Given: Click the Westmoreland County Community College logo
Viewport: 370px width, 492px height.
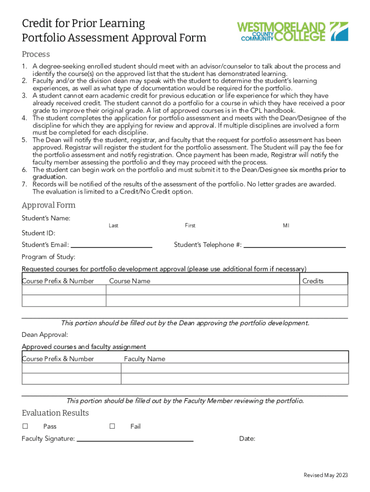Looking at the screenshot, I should [294, 32].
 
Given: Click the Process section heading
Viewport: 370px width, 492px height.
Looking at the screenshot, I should [36, 54].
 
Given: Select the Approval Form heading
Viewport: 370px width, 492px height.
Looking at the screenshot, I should [49, 205].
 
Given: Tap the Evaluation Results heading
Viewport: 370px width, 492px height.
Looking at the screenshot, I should [55, 413].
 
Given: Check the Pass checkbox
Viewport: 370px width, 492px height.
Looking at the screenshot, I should [25, 426].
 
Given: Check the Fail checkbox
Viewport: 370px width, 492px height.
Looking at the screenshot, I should [112, 426].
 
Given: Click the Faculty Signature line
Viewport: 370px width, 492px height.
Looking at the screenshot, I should [135, 440].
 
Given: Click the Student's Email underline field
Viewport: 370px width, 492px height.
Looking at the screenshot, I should [111, 246].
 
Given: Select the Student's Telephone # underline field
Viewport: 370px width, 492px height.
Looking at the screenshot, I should [295, 246].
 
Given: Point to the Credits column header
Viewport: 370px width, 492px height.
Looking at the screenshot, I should [313, 281].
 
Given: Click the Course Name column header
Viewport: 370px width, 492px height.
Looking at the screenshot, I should [130, 281].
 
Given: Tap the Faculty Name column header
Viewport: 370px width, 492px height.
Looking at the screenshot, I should [145, 359].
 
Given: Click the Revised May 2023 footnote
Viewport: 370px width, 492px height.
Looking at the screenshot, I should [325, 475].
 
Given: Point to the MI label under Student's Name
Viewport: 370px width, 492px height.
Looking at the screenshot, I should [286, 225].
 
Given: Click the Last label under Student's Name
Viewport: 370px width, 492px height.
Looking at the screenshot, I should [113, 225].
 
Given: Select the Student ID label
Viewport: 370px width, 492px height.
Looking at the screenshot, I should [38, 233].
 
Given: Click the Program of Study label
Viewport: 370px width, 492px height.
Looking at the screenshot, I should [49, 257].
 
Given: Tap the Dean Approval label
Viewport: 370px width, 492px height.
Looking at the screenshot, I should [45, 334].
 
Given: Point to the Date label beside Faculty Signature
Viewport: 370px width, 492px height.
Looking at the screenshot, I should [247, 439].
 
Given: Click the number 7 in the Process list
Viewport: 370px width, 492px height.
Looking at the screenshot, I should [24, 184].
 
